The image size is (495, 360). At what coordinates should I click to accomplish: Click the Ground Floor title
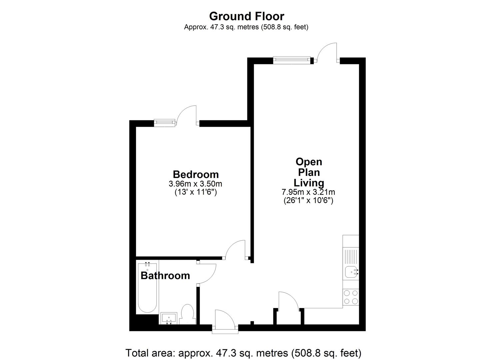coord(246,16)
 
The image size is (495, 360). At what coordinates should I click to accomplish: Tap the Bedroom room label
coord(196,174)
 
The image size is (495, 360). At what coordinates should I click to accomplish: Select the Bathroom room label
coord(165,276)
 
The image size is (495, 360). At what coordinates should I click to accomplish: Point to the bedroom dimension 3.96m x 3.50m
coord(195,184)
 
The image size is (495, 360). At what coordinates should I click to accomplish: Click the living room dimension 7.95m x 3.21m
coord(308,192)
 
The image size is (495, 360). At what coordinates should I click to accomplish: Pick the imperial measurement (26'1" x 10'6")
coord(308,200)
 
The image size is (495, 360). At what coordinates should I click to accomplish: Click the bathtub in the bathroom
coord(147,287)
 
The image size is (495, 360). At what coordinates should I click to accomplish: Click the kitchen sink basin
coord(351,272)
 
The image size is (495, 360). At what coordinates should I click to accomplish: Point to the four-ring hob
coord(351,297)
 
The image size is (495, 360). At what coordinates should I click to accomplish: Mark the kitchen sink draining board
coord(351,256)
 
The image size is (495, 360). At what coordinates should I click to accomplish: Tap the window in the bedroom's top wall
coord(165,123)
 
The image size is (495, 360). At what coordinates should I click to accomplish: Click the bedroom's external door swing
coord(187,115)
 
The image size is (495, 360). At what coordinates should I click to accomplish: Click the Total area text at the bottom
coord(243,353)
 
